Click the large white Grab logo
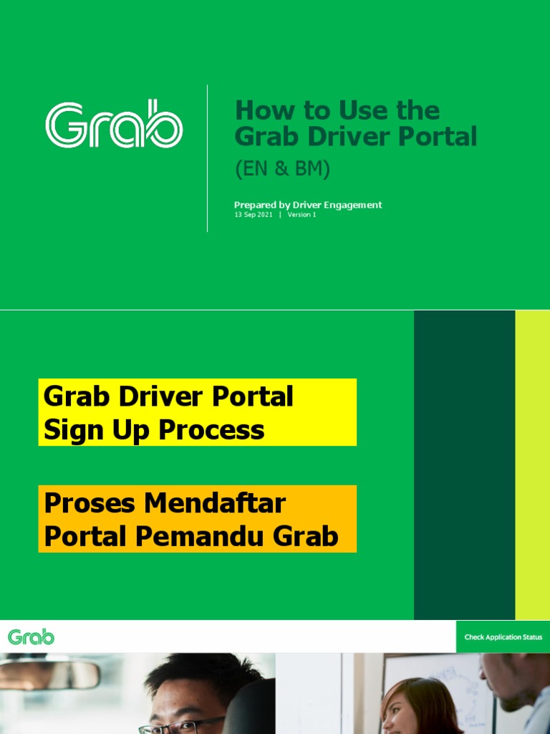coord(114,126)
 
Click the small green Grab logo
coord(31,637)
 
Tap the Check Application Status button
coord(503,637)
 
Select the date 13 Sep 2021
coord(254,215)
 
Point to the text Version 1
coord(301,215)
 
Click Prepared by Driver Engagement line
coord(308,205)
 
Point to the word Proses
coord(90,503)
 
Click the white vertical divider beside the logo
coord(208,158)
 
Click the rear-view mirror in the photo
coord(50,675)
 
